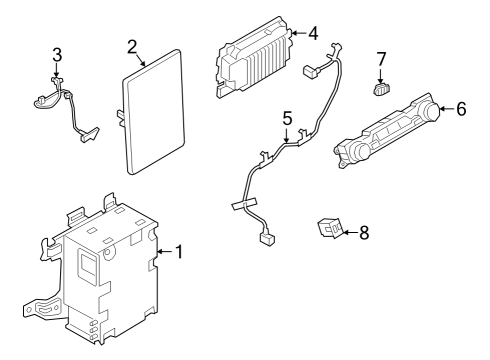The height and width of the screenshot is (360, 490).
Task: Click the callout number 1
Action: click(179, 251)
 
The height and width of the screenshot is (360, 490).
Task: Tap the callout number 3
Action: click(57, 54)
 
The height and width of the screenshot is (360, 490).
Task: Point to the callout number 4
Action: click(313, 33)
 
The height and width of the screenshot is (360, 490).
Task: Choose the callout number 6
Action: click(461, 108)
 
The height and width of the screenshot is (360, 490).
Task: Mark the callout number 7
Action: click(381, 61)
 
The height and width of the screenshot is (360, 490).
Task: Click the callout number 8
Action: click(363, 233)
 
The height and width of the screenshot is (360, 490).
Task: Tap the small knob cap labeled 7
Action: click(380, 91)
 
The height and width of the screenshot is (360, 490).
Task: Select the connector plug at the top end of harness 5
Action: click(310, 71)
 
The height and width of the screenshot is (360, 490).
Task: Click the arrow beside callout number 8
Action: click(348, 233)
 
